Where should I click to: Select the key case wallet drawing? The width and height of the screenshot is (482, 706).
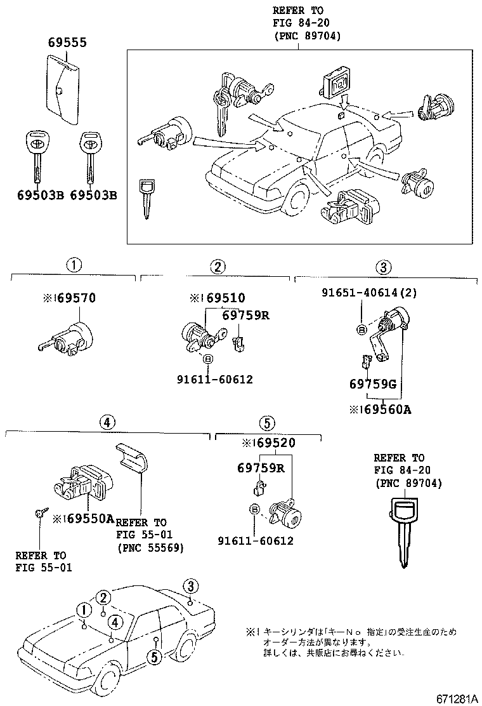click(x=63, y=89)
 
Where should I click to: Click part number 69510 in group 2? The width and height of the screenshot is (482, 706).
click(x=221, y=298)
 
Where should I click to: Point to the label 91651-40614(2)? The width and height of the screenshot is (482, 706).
click(x=360, y=293)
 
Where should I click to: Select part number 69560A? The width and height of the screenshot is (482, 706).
click(x=384, y=410)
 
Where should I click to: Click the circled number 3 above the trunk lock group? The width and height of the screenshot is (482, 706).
click(x=384, y=267)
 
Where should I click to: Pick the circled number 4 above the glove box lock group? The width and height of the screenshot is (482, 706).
click(x=107, y=421)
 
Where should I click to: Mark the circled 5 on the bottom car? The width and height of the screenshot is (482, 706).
click(x=153, y=656)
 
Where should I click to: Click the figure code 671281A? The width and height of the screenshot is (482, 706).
click(x=456, y=698)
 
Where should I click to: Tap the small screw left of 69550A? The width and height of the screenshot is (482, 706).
click(x=39, y=514)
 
